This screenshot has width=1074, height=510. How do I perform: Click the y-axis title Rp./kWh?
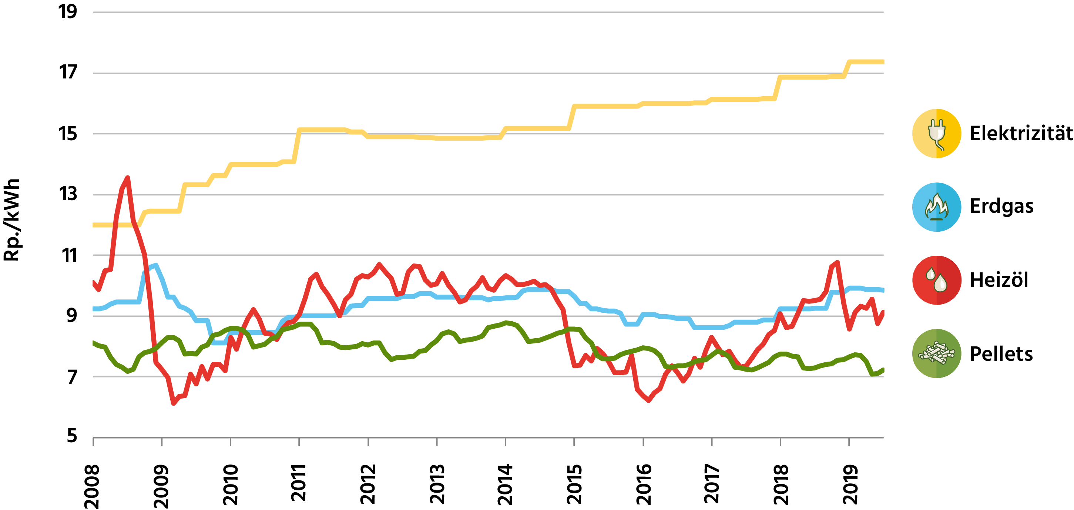click(12, 220)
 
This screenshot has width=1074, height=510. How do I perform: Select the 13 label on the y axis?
click(68, 194)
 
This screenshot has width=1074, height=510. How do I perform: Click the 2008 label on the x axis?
click(92, 486)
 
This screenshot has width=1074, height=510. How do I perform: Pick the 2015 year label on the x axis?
click(574, 484)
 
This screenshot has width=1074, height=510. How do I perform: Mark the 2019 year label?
click(850, 484)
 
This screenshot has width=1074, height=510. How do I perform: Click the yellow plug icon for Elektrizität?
click(936, 134)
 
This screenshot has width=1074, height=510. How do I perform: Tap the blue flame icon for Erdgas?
click(936, 207)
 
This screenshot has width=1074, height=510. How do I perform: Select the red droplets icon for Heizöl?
click(936, 280)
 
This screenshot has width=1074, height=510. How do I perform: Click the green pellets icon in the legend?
click(936, 353)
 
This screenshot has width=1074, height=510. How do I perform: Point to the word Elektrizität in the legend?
click(1021, 134)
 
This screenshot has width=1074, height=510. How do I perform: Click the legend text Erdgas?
click(1001, 207)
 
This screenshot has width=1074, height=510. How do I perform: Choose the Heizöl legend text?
click(999, 280)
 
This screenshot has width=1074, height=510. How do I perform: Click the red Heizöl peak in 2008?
click(128, 178)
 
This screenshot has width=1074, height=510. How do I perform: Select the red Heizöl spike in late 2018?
click(837, 262)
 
